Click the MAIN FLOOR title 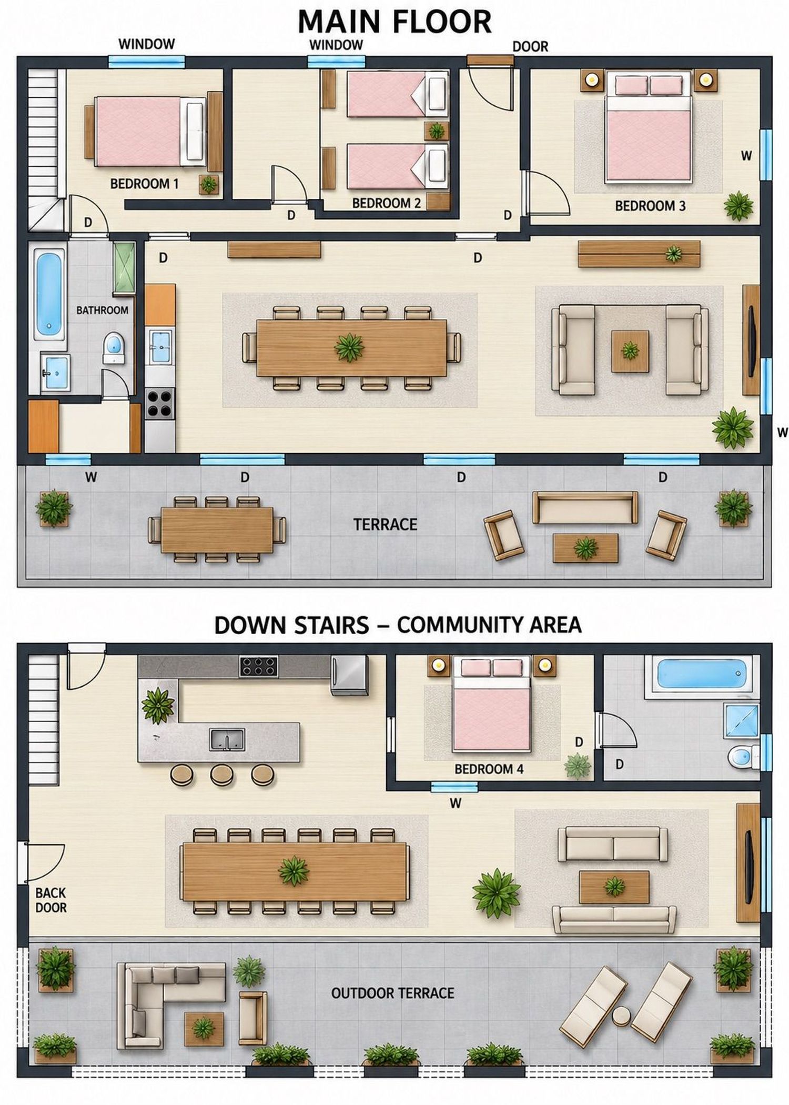[394, 22]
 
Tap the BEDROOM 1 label [145, 184]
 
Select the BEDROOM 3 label [650, 206]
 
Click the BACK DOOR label [51, 900]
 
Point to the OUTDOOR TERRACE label [392, 993]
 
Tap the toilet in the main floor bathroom [113, 347]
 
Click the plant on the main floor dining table [349, 347]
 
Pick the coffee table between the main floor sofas [630, 350]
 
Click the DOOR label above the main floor [530, 47]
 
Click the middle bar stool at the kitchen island [222, 775]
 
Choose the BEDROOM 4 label [489, 769]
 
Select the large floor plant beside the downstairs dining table [497, 893]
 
